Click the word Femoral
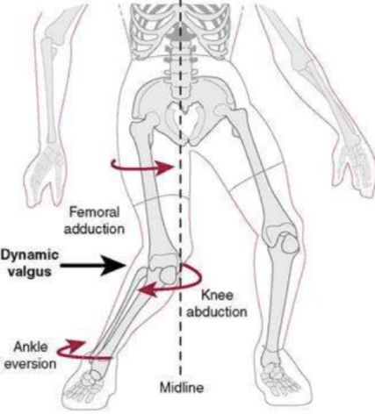coord(94,212)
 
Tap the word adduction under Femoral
coord(94,229)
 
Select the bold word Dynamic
coord(30,255)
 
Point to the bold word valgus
coord(30,272)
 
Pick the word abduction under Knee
coord(217,311)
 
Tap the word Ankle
coord(31,347)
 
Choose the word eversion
coord(30,364)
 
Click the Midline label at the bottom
coord(182,388)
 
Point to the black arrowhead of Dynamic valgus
coord(114,266)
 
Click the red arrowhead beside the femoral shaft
coord(164,168)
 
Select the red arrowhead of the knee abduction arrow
coord(148,289)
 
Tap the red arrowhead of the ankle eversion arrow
coord(76,344)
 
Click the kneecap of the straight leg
coord(291,241)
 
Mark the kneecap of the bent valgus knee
coord(168,275)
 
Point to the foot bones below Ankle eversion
coord(88,383)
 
